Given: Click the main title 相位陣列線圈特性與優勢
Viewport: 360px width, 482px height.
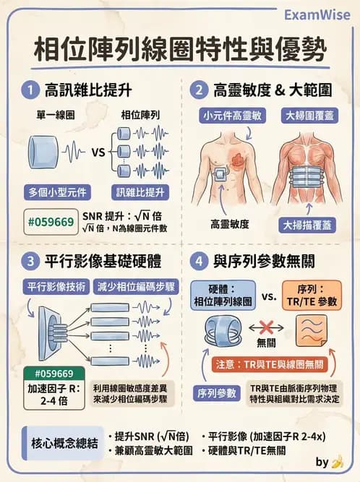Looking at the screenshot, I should point(180,51).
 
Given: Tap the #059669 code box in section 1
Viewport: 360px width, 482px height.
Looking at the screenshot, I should point(49,222).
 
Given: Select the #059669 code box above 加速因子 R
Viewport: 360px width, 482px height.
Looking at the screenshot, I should point(49,373).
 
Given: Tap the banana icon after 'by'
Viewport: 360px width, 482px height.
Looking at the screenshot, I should point(337,461).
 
